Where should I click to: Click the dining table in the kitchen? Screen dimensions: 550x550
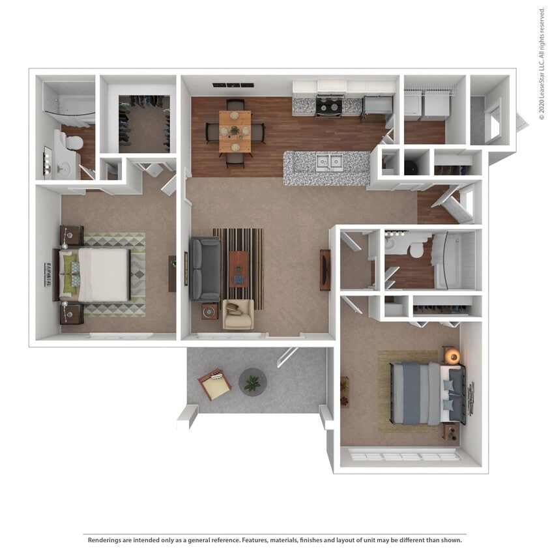tap(235, 131)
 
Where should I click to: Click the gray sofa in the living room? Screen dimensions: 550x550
tap(204, 268)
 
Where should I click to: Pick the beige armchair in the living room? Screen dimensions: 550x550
tap(238, 313)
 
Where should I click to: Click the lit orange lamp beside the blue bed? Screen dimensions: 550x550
tap(452, 356)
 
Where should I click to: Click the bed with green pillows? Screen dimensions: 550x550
tap(94, 274)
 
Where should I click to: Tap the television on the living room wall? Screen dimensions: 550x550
tap(325, 270)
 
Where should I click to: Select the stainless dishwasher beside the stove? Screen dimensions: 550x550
tap(377, 106)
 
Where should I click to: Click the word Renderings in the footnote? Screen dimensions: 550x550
tap(104, 540)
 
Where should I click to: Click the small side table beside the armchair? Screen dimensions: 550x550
tap(210, 311)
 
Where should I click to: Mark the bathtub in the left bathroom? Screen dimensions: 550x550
tap(69, 107)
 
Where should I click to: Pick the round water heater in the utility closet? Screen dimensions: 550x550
tap(412, 167)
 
